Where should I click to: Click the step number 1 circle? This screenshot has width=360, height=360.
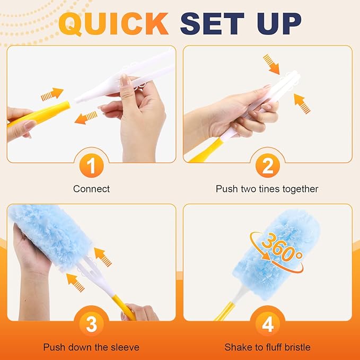[91, 166]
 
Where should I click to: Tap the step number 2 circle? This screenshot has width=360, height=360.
[268, 166]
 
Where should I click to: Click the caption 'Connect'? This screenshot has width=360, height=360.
[91, 189]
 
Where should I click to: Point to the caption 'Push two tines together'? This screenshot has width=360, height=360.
[267, 189]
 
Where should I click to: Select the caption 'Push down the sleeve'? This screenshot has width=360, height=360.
[91, 347]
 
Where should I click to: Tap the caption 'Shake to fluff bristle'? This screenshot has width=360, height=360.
[267, 347]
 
